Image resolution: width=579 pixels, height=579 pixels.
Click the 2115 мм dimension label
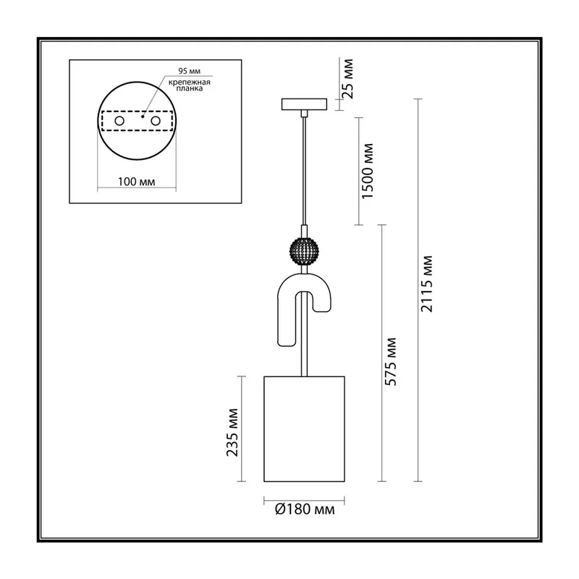[426, 284]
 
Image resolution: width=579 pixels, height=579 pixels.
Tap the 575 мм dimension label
[390, 362]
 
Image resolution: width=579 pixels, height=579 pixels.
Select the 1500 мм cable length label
[368, 171]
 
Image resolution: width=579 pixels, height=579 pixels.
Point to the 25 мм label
[347, 79]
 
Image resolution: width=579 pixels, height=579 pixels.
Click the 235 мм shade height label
[232, 432]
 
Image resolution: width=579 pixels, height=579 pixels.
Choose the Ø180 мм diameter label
[305, 510]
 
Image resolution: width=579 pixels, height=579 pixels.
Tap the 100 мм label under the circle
[136, 182]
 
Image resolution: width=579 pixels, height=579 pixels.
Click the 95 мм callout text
[189, 71]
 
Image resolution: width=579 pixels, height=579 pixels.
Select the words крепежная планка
[190, 85]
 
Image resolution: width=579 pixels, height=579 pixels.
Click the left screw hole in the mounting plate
[119, 121]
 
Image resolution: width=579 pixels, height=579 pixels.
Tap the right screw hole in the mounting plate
[156, 121]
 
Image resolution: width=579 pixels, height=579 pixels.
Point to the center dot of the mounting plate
[143, 117]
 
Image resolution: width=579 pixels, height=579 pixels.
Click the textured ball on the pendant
[304, 251]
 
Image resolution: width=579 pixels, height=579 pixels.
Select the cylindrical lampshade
[304, 428]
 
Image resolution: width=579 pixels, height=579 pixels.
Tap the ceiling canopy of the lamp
[304, 104]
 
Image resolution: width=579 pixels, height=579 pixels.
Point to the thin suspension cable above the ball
[304, 171]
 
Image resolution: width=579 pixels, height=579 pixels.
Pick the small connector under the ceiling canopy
[304, 114]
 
